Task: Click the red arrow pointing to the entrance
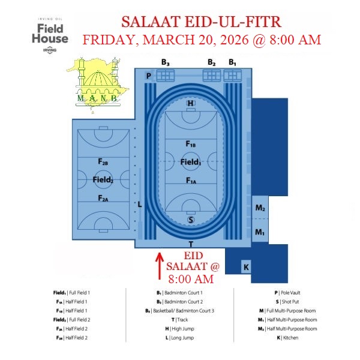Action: coord(160,266)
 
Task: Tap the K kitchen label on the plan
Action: coord(246,267)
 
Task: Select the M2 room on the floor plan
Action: coord(260,208)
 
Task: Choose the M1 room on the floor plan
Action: coord(260,230)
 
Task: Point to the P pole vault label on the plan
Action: coord(149,76)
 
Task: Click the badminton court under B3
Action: coord(166,76)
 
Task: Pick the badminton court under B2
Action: coord(212,76)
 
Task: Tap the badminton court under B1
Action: coord(233,76)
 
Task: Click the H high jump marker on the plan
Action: coord(191,103)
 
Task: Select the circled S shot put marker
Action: coord(191,220)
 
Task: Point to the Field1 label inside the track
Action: coord(191,162)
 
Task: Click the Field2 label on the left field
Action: coord(103,179)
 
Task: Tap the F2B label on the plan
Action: coord(103,162)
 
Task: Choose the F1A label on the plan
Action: coord(191,181)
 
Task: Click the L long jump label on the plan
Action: coord(140,204)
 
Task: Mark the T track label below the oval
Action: coord(191,244)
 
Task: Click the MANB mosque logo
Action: coord(98,85)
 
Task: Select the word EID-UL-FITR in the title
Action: coord(233,22)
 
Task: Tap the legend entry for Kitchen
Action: coord(287,338)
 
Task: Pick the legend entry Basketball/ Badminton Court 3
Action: coord(179,311)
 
